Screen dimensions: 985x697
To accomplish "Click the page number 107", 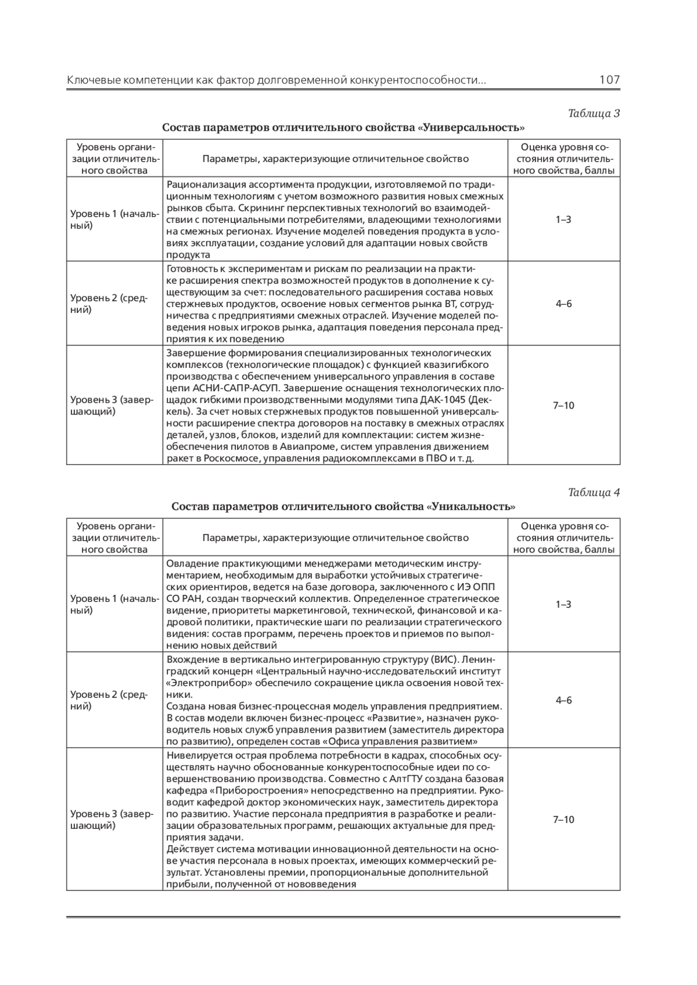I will tap(609, 80).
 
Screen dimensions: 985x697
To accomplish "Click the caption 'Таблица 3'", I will tap(594, 113).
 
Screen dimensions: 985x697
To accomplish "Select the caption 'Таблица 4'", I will tap(594, 492).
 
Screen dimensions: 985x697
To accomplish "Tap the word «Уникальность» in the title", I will tap(471, 507).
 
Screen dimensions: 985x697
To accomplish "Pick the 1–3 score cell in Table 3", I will tap(563, 219).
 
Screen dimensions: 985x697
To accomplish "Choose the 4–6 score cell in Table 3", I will tap(563, 304).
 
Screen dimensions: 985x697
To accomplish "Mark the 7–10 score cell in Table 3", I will tap(563, 405).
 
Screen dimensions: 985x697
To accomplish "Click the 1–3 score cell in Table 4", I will tap(563, 604).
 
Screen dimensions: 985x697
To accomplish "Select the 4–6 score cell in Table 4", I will tap(563, 700).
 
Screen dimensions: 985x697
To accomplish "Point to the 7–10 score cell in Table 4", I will tap(563, 820).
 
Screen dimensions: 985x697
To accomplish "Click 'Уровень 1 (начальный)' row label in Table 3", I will tap(114, 219).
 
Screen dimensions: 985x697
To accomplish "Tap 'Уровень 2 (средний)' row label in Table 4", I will tap(109, 700).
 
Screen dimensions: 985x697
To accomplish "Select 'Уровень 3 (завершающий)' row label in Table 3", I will tap(112, 405).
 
